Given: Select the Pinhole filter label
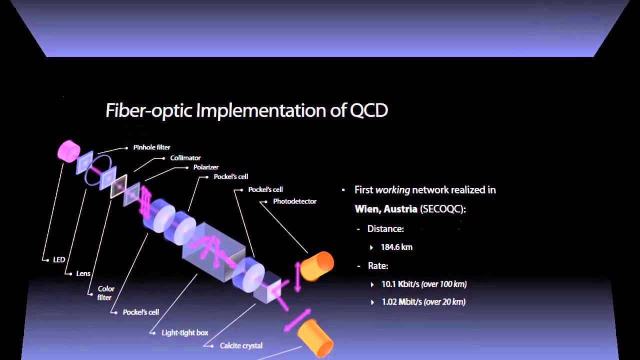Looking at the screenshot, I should click(151, 147).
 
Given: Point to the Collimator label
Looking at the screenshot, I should click(185, 158).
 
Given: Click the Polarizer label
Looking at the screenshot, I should click(206, 167).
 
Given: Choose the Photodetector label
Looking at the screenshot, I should click(294, 201).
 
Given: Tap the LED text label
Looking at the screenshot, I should click(59, 260).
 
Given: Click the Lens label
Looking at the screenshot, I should click(83, 273).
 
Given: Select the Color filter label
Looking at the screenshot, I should click(105, 293).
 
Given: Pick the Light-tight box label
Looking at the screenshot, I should click(184, 332).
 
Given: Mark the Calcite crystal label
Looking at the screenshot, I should click(241, 345).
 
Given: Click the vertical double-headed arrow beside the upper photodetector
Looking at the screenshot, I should click(298, 276).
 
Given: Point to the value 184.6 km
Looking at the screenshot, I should click(396, 247).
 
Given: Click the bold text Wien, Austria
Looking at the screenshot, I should click(386, 209).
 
